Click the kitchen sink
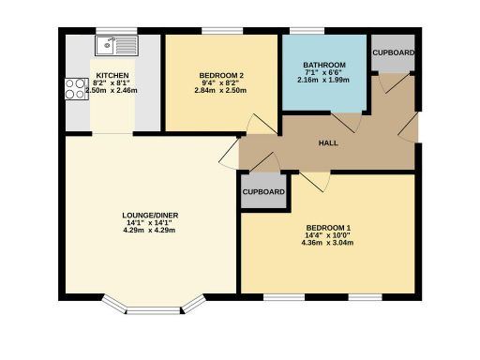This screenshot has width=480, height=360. tap(115, 44)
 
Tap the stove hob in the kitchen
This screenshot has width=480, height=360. tap(75, 89)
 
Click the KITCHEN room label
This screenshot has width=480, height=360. tap(112, 73)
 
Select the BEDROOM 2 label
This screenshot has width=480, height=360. tap(221, 76)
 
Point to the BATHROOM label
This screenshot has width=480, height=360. tap(324, 66)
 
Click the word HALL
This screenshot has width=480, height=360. tap(327, 143)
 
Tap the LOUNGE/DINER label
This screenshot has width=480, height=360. tap(150, 216)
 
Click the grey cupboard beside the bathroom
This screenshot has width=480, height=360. tap(393, 52)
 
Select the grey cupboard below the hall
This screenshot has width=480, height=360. tap(263, 191)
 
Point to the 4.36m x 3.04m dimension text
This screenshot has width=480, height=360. tap(328, 244)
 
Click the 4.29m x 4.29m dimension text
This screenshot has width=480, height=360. tap(150, 231)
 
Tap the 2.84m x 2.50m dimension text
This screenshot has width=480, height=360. tap(221, 91)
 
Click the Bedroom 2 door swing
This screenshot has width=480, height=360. tap(254, 125)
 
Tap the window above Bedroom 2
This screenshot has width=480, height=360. tap(221, 33)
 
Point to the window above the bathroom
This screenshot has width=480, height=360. tap(324, 33)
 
